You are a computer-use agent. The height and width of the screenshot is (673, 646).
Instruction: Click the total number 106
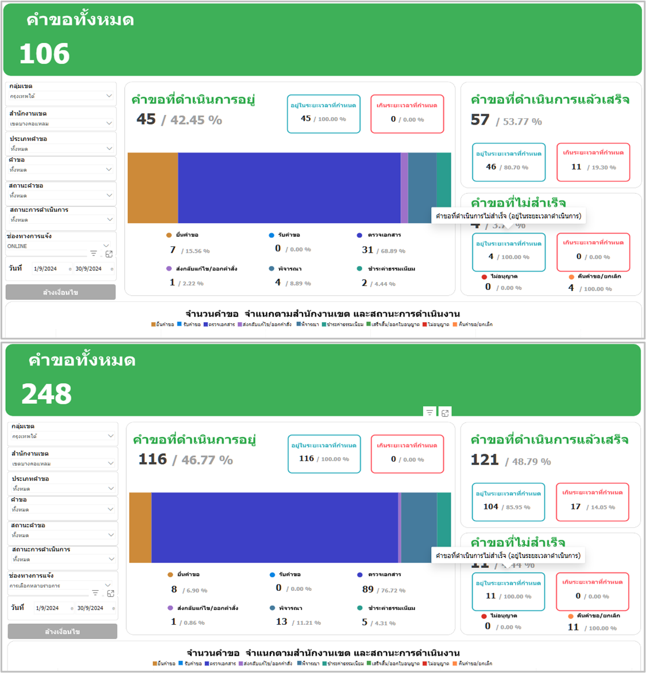[x=45, y=54]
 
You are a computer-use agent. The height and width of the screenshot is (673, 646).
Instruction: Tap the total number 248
[x=47, y=394]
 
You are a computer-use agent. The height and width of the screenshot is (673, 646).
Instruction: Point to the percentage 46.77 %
[x=207, y=460]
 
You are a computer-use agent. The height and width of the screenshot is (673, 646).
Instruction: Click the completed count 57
[x=480, y=120]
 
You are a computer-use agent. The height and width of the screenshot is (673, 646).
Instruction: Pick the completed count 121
[x=485, y=460]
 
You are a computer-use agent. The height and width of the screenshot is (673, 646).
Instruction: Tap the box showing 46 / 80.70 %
[x=508, y=161]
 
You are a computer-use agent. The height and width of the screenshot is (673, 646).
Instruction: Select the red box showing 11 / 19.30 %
[x=593, y=161]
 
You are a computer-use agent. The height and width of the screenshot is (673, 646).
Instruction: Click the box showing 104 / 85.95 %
[x=508, y=501]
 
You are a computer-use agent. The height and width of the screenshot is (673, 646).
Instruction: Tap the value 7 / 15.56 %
[x=189, y=250]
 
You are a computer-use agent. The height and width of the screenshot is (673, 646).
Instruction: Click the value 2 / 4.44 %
[x=378, y=283]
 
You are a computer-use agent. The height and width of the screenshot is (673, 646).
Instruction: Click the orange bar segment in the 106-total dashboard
[x=153, y=188]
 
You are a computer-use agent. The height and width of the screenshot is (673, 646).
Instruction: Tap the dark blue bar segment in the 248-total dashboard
[x=274, y=527]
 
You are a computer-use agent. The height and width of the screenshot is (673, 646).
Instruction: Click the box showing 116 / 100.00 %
[x=324, y=454]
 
